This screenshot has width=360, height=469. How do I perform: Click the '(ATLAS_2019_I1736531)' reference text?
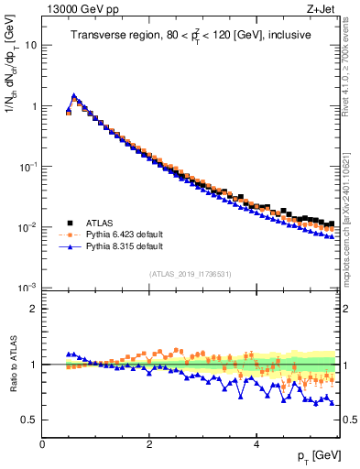point(189,274)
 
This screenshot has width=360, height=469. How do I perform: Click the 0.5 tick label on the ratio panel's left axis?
point(28,420)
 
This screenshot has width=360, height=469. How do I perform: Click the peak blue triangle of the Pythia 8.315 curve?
point(74,94)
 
